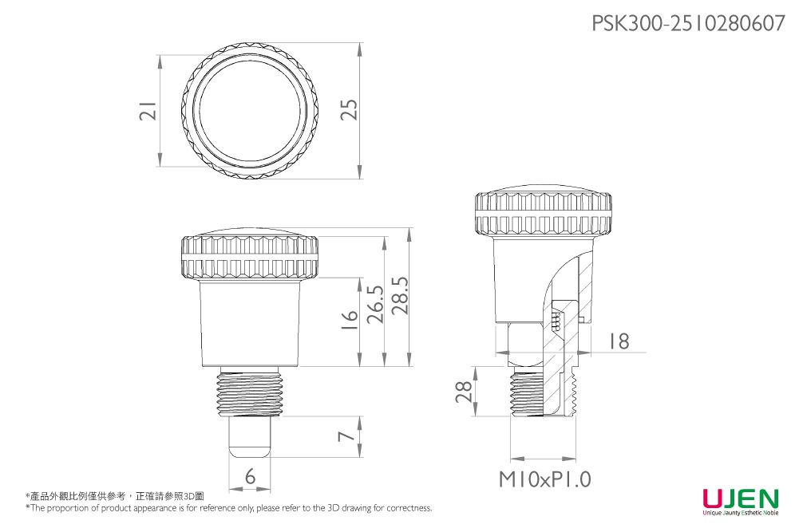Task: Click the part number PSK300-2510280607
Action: (x=687, y=23)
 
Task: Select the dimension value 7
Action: (x=345, y=436)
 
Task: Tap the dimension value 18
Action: (x=618, y=341)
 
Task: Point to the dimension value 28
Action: (x=463, y=392)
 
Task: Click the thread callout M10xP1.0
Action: (x=545, y=479)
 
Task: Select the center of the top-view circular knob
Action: (x=251, y=111)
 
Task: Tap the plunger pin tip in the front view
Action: (x=251, y=437)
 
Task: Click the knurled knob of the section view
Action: (x=543, y=214)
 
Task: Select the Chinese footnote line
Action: (x=115, y=495)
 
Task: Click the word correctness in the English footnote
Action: (x=409, y=508)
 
